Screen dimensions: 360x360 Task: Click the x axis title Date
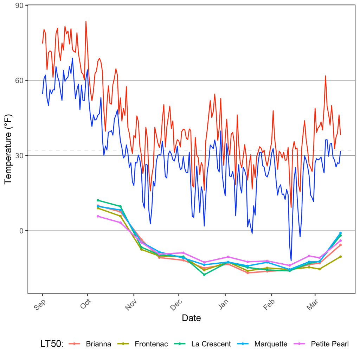(x=191, y=318)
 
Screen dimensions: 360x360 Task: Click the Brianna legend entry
(x=98, y=344)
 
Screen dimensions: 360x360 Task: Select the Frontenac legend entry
(x=151, y=344)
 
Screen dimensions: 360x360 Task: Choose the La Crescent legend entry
(x=211, y=344)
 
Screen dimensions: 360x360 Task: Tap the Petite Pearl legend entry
(x=330, y=344)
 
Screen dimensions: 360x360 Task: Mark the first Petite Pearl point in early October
(x=98, y=216)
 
